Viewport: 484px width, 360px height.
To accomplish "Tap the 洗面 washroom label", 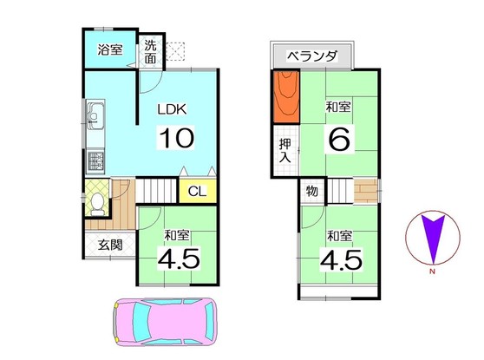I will pyautogui.click(x=151, y=53).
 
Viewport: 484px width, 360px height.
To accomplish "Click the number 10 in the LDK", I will pyautogui.click(x=176, y=138).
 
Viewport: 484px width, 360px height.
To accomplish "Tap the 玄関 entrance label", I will pyautogui.click(x=109, y=245).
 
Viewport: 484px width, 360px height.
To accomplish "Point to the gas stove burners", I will pyautogui.click(x=95, y=160).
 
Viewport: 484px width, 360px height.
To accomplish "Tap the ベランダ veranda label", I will pyautogui.click(x=311, y=56).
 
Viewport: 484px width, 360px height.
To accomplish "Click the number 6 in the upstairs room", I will pyautogui.click(x=339, y=139).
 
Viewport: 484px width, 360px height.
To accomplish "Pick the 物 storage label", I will pyautogui.click(x=311, y=191).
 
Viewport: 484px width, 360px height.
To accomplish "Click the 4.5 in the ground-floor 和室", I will pyautogui.click(x=179, y=259).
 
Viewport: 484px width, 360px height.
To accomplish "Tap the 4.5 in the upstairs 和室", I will pyautogui.click(x=339, y=259).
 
